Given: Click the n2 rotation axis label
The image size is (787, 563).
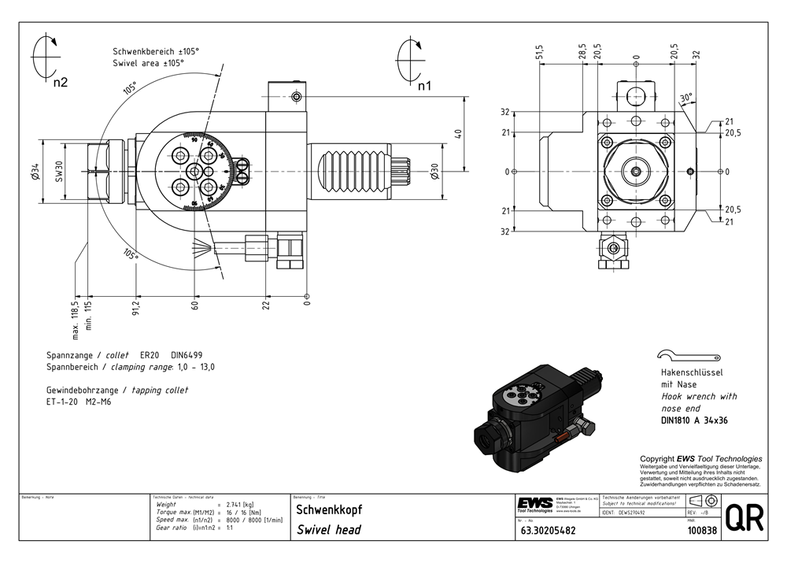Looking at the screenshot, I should (61, 81).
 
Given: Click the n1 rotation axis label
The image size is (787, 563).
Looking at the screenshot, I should (424, 85).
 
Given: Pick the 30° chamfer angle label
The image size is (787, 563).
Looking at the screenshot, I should (687, 98).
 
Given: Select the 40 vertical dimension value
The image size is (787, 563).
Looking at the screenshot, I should (458, 134).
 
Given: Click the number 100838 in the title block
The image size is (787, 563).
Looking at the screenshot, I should (702, 531).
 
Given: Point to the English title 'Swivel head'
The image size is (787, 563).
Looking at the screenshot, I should (329, 530).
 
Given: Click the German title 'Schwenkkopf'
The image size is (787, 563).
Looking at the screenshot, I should (330, 509).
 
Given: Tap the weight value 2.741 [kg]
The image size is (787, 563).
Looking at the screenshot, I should (239, 504).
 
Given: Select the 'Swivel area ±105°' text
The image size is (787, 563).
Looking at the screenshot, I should (148, 63).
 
